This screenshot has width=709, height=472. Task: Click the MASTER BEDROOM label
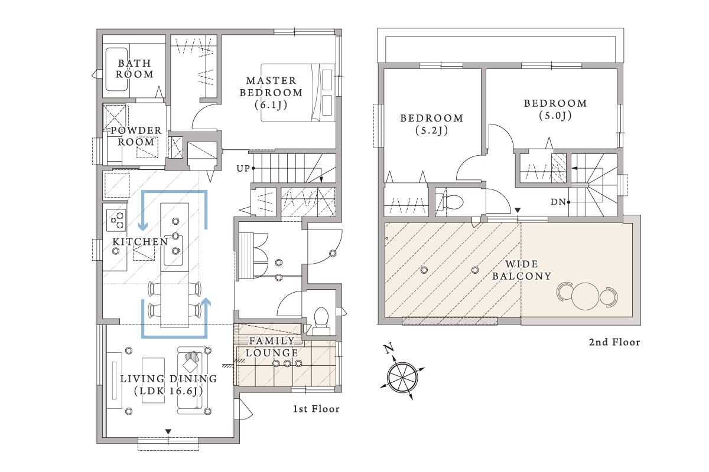[x=271, y=92]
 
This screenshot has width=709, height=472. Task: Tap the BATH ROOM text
[x=135, y=68]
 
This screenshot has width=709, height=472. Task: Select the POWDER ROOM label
[x=136, y=136]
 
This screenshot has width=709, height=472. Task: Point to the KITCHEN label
[x=140, y=242]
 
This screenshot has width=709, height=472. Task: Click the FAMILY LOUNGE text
[x=272, y=347]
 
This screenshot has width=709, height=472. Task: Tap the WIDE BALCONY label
[x=522, y=270]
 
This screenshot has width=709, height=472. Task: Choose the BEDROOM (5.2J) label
[x=432, y=124]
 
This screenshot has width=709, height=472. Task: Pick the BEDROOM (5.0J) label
[x=555, y=109]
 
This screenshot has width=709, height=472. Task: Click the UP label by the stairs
[x=243, y=169]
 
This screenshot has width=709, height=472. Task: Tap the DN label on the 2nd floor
[x=558, y=202]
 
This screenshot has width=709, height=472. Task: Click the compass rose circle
[x=402, y=378]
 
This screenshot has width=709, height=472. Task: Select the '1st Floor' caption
[x=316, y=409]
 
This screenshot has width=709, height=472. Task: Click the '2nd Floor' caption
[x=614, y=342]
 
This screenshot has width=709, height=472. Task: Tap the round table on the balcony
[x=586, y=296]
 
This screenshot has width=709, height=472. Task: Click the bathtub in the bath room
[x=116, y=69]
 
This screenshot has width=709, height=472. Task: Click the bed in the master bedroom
[x=298, y=93]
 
